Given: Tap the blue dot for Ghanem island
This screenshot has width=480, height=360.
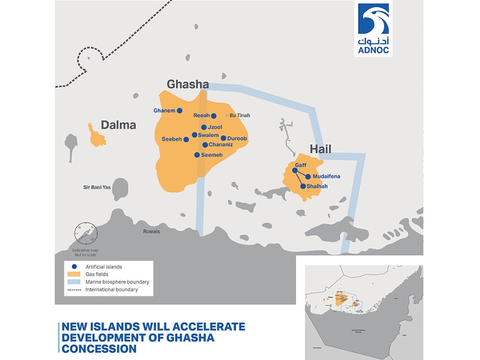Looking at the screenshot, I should click(180, 110).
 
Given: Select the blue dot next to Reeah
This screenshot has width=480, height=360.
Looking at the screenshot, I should click(214, 116).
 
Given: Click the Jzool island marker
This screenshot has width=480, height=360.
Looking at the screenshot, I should click(204, 127).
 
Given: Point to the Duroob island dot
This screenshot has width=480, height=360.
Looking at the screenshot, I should click(223, 138).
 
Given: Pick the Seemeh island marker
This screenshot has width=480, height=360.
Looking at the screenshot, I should click(197, 155).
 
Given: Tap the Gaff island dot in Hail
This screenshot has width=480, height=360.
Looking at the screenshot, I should click(295, 170).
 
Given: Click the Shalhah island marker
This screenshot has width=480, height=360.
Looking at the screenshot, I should click(303, 186).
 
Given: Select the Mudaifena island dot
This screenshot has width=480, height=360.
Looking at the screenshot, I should click(308, 176).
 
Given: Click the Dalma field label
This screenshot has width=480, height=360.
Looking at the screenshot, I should click(118, 125).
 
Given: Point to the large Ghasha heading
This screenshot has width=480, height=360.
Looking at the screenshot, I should click(187, 85).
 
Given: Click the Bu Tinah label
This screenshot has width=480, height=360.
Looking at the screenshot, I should click(239, 116).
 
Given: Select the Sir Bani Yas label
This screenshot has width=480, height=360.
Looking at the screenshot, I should click(97, 188).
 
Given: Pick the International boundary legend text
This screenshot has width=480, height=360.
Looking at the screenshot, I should click(112, 289).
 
